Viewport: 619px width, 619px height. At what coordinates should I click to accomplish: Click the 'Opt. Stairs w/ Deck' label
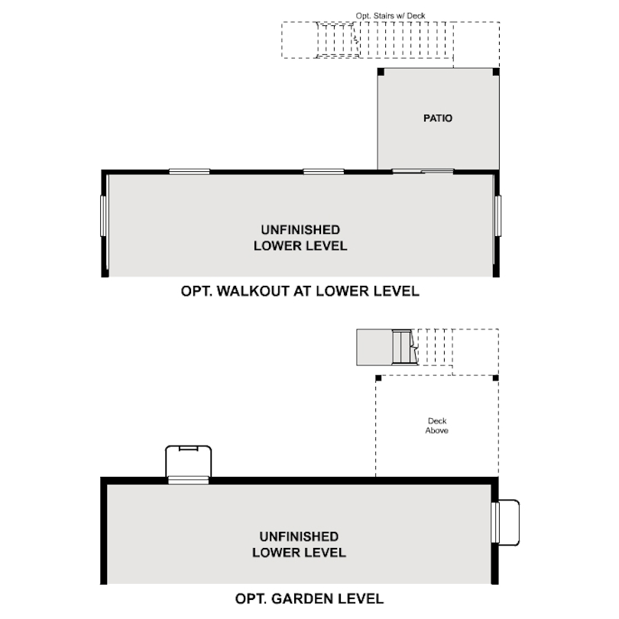coord(390,15)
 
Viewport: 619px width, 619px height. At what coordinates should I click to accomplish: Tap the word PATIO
coord(438,118)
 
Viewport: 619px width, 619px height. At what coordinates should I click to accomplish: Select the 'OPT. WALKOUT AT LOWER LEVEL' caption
coord(300,291)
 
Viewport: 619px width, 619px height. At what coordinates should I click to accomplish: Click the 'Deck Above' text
coord(437,426)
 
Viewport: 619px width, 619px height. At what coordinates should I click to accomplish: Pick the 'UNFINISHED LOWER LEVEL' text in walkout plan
coord(300,238)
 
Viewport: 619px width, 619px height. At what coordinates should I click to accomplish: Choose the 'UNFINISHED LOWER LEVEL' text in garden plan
coord(299,545)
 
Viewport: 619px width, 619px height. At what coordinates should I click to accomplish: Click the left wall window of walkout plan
coord(103,217)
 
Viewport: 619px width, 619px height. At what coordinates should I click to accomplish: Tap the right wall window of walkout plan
coord(497,217)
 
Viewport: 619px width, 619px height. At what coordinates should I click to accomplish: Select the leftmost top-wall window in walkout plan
coord(189,171)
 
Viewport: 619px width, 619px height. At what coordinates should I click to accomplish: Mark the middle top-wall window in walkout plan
coord(323,171)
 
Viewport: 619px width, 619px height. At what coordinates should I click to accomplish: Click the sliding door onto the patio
coord(423,171)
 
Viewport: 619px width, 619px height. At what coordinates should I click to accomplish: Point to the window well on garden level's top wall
coord(188,464)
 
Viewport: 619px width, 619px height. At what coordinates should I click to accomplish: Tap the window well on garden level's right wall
coord(506,523)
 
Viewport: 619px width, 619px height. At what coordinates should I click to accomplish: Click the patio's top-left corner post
coord(380,72)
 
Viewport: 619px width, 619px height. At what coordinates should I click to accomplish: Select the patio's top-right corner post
coord(496,72)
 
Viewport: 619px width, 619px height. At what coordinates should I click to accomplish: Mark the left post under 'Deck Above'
coord(378,378)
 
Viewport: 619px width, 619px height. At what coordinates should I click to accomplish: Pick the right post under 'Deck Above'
coord(496,378)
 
